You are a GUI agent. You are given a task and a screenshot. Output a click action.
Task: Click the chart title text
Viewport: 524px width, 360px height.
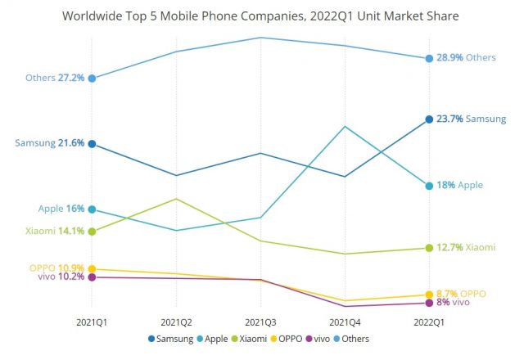[x=261, y=15]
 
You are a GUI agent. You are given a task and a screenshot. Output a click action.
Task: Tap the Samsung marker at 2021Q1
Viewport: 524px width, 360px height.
[x=93, y=144]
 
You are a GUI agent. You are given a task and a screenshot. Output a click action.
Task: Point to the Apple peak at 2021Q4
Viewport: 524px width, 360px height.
[x=345, y=127]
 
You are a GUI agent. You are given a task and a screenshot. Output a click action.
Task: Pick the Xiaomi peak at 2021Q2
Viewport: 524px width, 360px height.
[x=177, y=199]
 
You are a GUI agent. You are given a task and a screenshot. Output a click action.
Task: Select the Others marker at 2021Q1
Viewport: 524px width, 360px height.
[x=93, y=79]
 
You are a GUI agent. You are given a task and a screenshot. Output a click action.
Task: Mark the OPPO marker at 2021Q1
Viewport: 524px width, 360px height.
[x=93, y=268]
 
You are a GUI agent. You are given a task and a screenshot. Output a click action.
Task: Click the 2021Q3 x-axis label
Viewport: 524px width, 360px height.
[x=260, y=322]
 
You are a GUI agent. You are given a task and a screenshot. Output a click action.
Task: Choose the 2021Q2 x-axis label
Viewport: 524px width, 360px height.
[x=177, y=322]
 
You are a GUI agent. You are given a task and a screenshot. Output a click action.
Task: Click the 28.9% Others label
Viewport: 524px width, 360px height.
[x=467, y=58]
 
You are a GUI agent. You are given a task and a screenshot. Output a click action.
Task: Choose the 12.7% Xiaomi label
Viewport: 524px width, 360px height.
[x=467, y=247]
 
